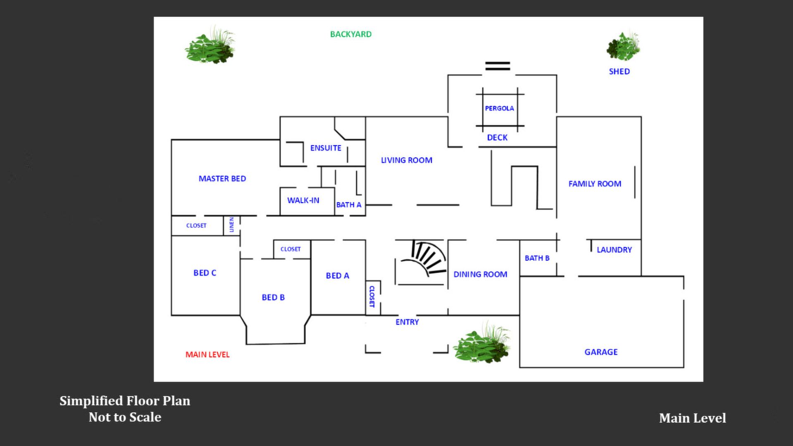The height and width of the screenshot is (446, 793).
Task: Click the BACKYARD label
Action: [350, 34]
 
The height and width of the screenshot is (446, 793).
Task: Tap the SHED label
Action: [619, 71]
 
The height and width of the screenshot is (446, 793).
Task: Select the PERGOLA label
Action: [499, 108]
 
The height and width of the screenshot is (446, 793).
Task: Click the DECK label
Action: [497, 138]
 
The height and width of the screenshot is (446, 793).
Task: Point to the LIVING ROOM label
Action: [406, 160]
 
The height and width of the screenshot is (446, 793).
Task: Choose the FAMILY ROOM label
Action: [595, 184]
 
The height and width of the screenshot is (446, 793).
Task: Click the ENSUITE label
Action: [326, 148]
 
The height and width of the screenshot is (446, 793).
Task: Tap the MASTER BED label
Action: [222, 179]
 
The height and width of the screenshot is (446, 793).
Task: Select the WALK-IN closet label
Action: [303, 200]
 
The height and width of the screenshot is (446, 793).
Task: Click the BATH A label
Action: [348, 205]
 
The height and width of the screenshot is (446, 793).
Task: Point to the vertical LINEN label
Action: [231, 225]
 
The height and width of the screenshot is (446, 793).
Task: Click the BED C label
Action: [205, 273]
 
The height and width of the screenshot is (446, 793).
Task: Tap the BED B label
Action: [273, 297]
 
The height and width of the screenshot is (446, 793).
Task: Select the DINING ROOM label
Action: [480, 274]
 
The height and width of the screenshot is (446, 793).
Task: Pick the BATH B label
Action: [537, 258]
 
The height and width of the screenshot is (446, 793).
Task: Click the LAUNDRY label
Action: [614, 250]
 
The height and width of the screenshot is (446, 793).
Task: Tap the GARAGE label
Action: [601, 352]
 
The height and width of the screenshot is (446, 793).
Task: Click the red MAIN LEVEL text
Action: [207, 354]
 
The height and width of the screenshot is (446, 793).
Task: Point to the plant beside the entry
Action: [482, 343]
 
